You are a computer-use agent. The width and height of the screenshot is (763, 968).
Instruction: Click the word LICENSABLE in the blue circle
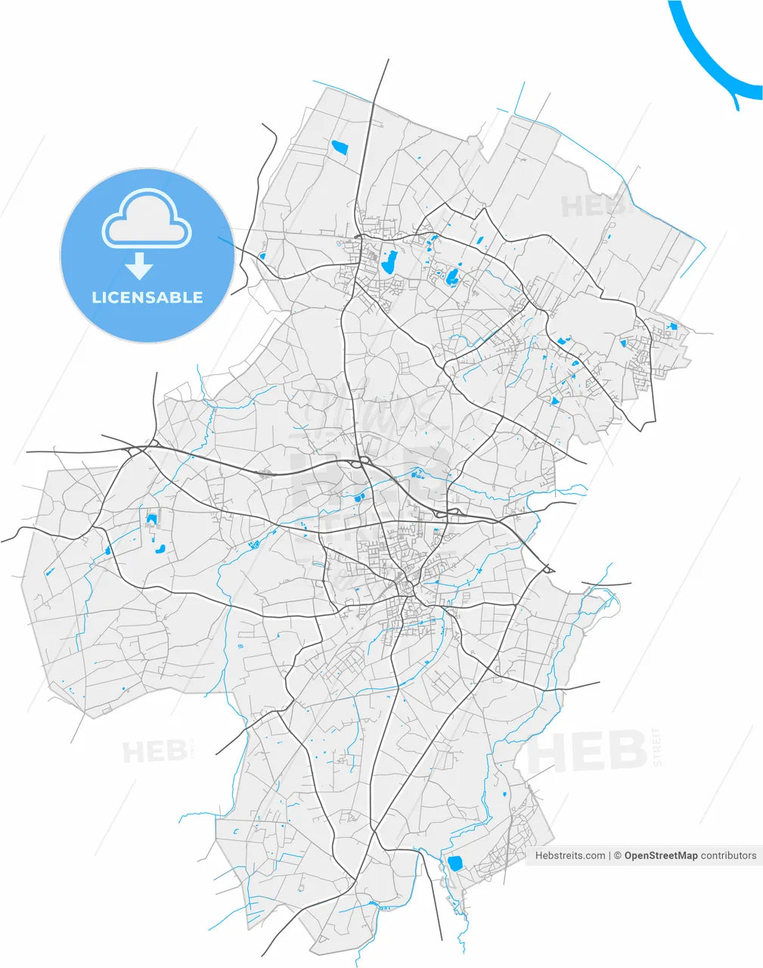147,297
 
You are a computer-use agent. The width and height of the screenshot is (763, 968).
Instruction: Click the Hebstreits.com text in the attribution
570,855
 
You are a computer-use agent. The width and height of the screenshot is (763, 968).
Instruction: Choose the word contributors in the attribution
728,855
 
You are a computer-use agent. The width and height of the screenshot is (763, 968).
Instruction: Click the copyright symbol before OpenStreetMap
617,855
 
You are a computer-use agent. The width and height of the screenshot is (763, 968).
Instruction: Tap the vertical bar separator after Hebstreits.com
609,855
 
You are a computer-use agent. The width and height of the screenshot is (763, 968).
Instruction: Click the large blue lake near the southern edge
455,863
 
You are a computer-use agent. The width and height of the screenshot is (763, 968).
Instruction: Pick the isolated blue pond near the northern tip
339,147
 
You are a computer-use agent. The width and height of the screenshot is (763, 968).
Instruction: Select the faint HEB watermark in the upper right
593,206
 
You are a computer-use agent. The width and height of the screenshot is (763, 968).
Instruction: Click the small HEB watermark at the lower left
154,752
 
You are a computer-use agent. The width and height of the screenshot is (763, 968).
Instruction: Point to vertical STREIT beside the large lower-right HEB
656,748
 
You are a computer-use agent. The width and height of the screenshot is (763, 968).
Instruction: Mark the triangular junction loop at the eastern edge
549,569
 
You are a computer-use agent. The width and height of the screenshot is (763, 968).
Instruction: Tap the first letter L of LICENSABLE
96,297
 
